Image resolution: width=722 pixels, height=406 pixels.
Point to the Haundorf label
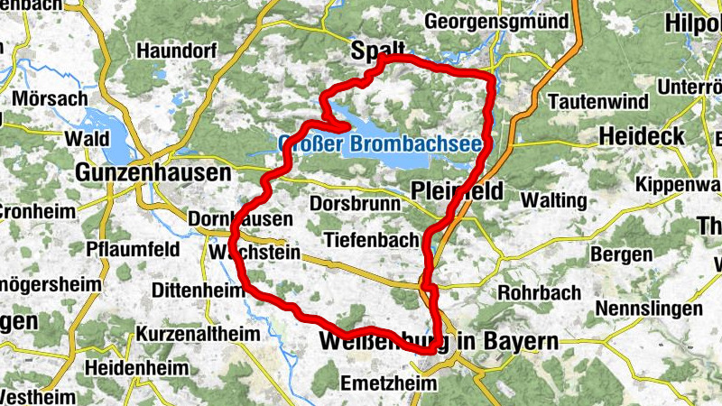(177, 51)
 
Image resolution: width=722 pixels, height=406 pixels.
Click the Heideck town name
(636, 134)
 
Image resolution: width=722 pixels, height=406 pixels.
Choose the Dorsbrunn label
(355, 205)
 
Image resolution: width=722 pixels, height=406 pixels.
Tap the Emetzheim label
(387, 383)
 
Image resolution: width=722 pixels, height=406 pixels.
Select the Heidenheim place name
(136, 368)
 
